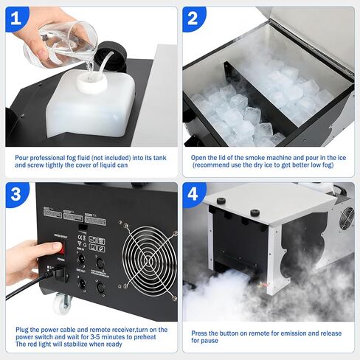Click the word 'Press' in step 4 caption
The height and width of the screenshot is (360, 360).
pyautogui.click(x=202, y=333)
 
